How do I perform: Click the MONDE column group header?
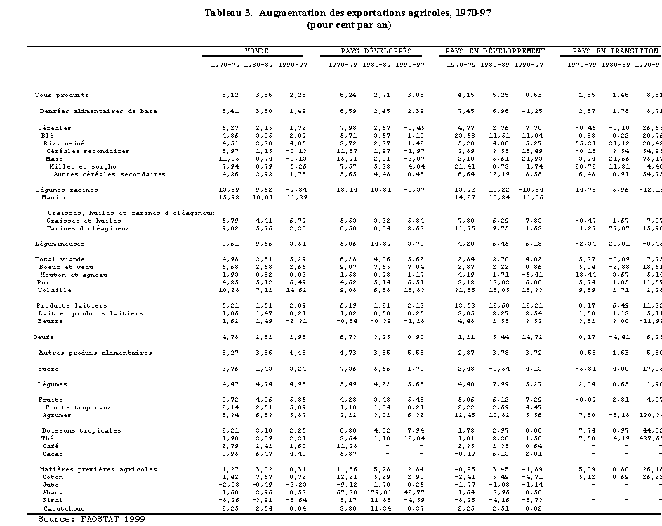[x=257, y=51]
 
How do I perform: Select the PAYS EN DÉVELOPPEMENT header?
[x=495, y=51]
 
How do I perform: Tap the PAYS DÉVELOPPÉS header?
[x=376, y=51]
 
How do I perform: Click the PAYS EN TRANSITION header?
[x=615, y=51]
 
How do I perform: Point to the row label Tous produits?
[x=62, y=95]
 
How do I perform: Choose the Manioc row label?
[x=53, y=197]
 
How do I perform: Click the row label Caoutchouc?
[x=65, y=508]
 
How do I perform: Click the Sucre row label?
[x=48, y=368]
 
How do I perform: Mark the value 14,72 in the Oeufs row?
[x=533, y=336]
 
